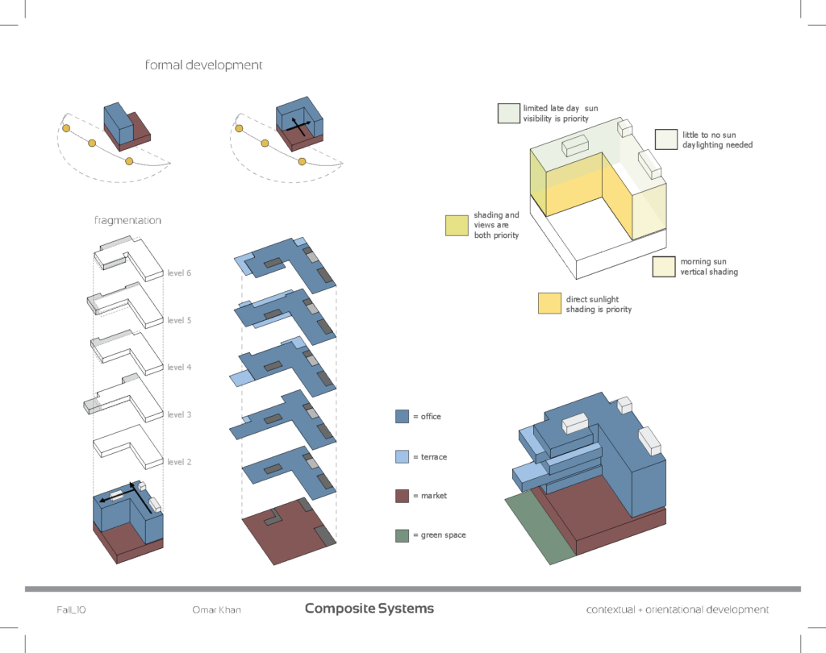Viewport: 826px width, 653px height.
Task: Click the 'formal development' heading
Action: tap(203, 65)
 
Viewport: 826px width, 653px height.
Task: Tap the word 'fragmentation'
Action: tap(127, 221)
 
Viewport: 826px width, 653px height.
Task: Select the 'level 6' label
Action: tap(179, 273)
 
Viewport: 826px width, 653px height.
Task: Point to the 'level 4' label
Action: tap(179, 368)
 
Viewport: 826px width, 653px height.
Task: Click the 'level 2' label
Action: tap(179, 462)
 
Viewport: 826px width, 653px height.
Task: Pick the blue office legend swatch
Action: tap(403, 417)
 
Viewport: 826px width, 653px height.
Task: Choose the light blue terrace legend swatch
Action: tap(403, 456)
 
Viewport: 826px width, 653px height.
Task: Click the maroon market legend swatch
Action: tap(403, 496)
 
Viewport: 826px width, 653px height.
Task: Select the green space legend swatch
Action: tap(403, 535)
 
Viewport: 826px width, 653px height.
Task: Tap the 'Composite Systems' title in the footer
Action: tap(369, 609)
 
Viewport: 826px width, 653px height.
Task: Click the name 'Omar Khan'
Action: tap(211, 609)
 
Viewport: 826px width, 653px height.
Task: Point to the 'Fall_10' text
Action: tap(71, 609)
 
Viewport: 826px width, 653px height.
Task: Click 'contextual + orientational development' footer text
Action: tap(677, 609)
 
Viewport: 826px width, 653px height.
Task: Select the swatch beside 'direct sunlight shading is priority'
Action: tap(549, 303)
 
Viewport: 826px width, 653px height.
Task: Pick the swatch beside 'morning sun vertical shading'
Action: tap(664, 267)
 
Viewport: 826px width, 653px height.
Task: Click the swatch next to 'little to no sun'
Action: tap(665, 139)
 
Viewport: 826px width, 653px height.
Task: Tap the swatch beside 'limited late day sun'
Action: tap(508, 113)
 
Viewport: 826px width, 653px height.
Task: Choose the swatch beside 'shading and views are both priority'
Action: tap(457, 226)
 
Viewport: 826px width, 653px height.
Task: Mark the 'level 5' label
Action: tap(179, 321)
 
